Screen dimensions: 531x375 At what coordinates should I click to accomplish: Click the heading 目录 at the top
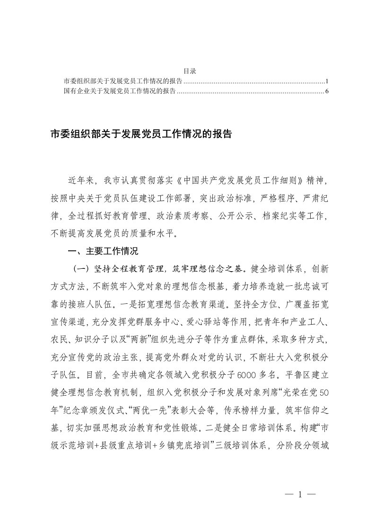[190, 71]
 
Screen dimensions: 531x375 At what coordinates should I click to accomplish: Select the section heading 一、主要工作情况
[103, 251]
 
